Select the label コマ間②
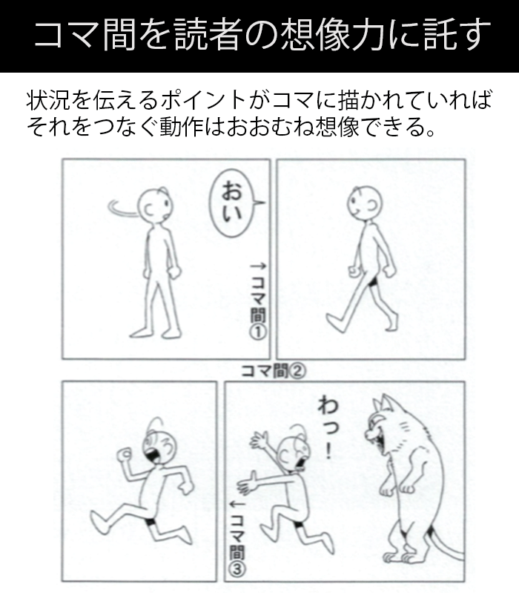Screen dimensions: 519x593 [x=273, y=371]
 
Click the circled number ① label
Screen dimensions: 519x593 [x=257, y=332]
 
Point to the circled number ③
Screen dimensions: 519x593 [x=237, y=569]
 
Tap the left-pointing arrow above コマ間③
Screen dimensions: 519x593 [x=238, y=505]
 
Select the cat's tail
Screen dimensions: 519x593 [x=447, y=544]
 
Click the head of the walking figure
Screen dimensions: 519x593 [x=365, y=202]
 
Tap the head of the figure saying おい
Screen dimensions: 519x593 [x=154, y=206]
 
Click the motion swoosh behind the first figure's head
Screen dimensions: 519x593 [x=121, y=208]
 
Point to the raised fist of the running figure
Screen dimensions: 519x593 [x=124, y=454]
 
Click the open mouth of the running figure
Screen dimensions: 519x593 [x=153, y=454]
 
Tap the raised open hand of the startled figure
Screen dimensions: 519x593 [x=259, y=440]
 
